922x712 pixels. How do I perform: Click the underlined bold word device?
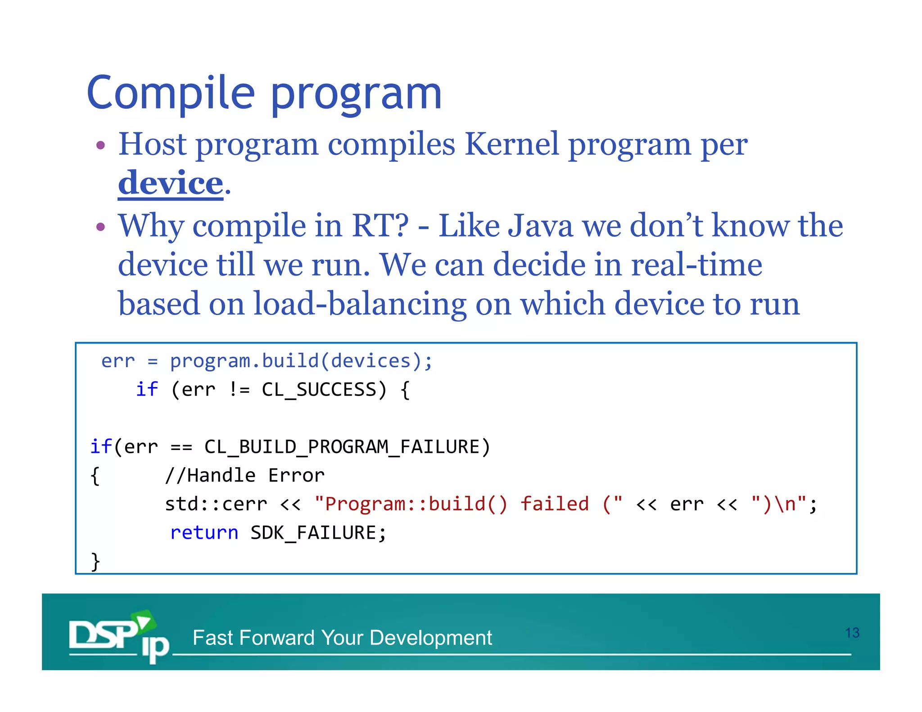(x=171, y=184)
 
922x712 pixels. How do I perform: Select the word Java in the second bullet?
(x=540, y=226)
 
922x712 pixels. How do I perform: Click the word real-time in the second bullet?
(x=696, y=265)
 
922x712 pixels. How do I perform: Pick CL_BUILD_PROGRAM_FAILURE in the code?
(x=342, y=447)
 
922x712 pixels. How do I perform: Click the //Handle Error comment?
(x=244, y=476)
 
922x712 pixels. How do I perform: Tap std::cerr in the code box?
(x=216, y=504)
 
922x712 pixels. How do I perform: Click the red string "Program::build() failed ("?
(x=468, y=504)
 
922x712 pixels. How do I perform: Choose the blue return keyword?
(x=204, y=533)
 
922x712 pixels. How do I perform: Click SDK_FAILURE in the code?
(x=314, y=533)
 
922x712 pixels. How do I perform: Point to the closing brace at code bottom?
(x=95, y=561)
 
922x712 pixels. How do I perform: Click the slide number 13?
(x=852, y=633)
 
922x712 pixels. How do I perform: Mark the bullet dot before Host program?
(x=101, y=145)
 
